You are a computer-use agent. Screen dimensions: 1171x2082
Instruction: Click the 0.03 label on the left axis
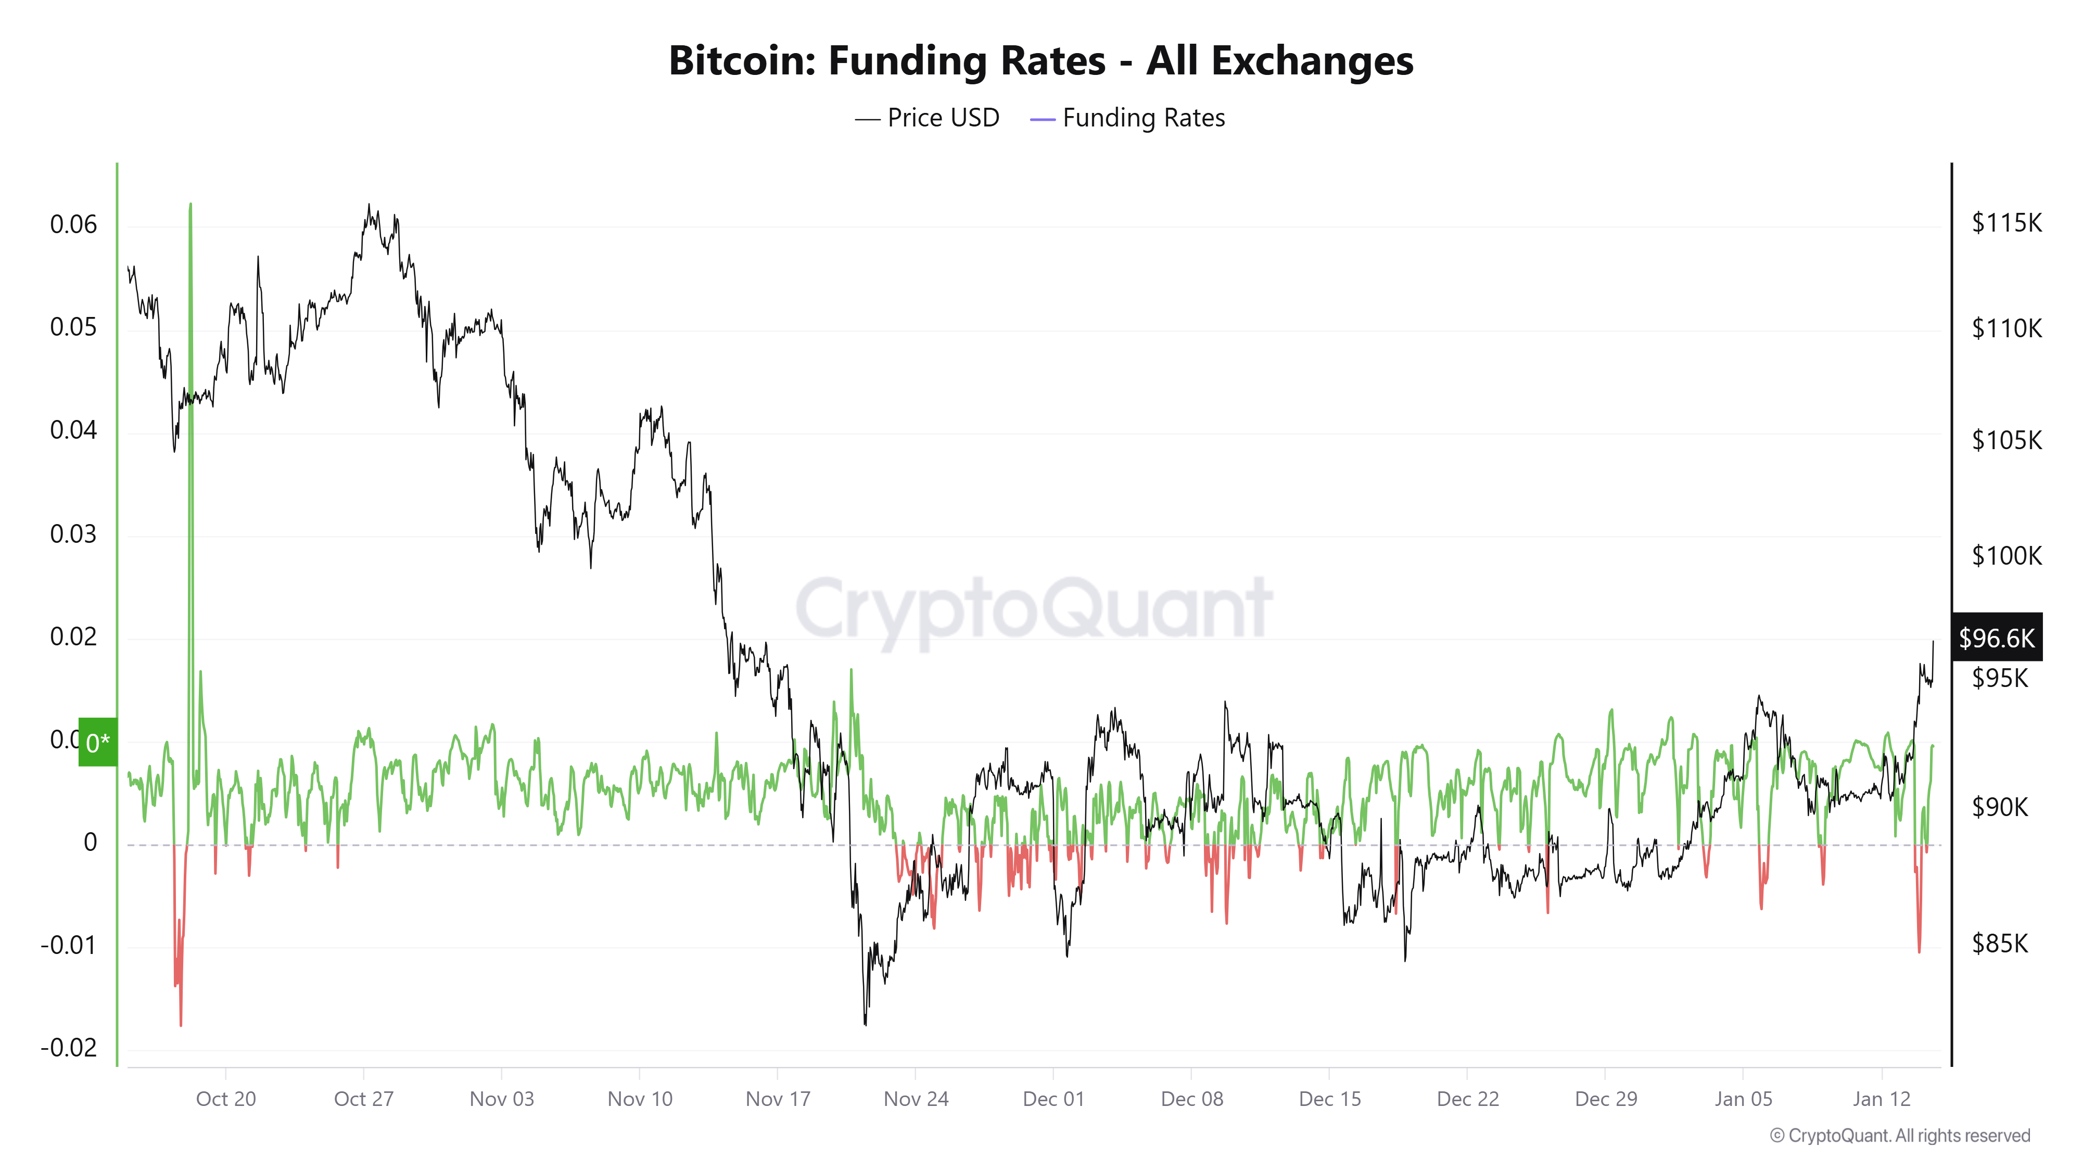coord(73,533)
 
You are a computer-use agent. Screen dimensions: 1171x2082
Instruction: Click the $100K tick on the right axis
coord(2006,555)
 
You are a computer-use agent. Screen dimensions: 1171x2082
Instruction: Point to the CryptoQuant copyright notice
coord(1899,1136)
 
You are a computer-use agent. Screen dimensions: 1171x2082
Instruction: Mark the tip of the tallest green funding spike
coord(191,205)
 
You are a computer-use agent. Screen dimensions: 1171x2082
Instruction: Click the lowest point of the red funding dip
coord(180,1025)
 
